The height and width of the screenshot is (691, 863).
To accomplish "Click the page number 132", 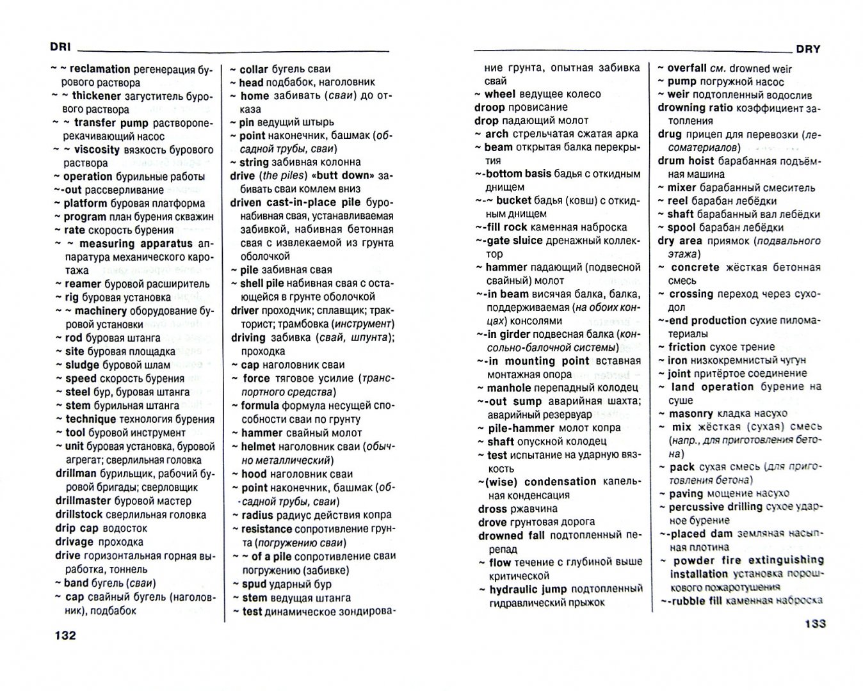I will (66, 635).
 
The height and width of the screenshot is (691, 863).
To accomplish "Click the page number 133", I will (806, 623).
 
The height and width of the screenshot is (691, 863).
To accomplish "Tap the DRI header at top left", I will (60, 47).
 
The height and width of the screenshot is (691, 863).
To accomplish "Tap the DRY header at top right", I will (808, 49).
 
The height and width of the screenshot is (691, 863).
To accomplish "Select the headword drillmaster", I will (83, 501).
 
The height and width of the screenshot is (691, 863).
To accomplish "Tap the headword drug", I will (670, 134).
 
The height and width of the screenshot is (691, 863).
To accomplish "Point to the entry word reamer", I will (83, 283).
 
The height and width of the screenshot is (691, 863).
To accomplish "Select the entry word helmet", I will (258, 447).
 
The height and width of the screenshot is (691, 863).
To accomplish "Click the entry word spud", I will (254, 584).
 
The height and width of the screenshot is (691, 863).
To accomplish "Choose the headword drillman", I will (76, 474).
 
